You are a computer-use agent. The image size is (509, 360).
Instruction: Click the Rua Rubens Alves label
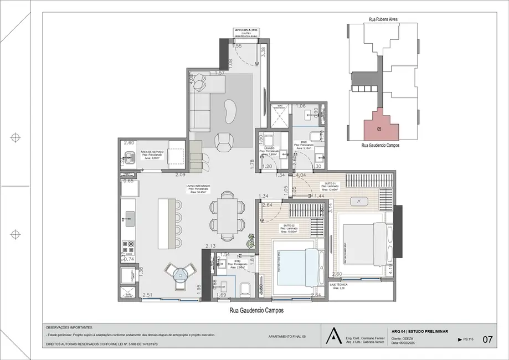(383, 19)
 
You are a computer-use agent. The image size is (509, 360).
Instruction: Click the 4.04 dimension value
(301, 176)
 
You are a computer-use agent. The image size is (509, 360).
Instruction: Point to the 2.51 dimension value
(147, 295)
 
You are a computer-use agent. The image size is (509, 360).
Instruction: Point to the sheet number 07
(487, 340)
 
